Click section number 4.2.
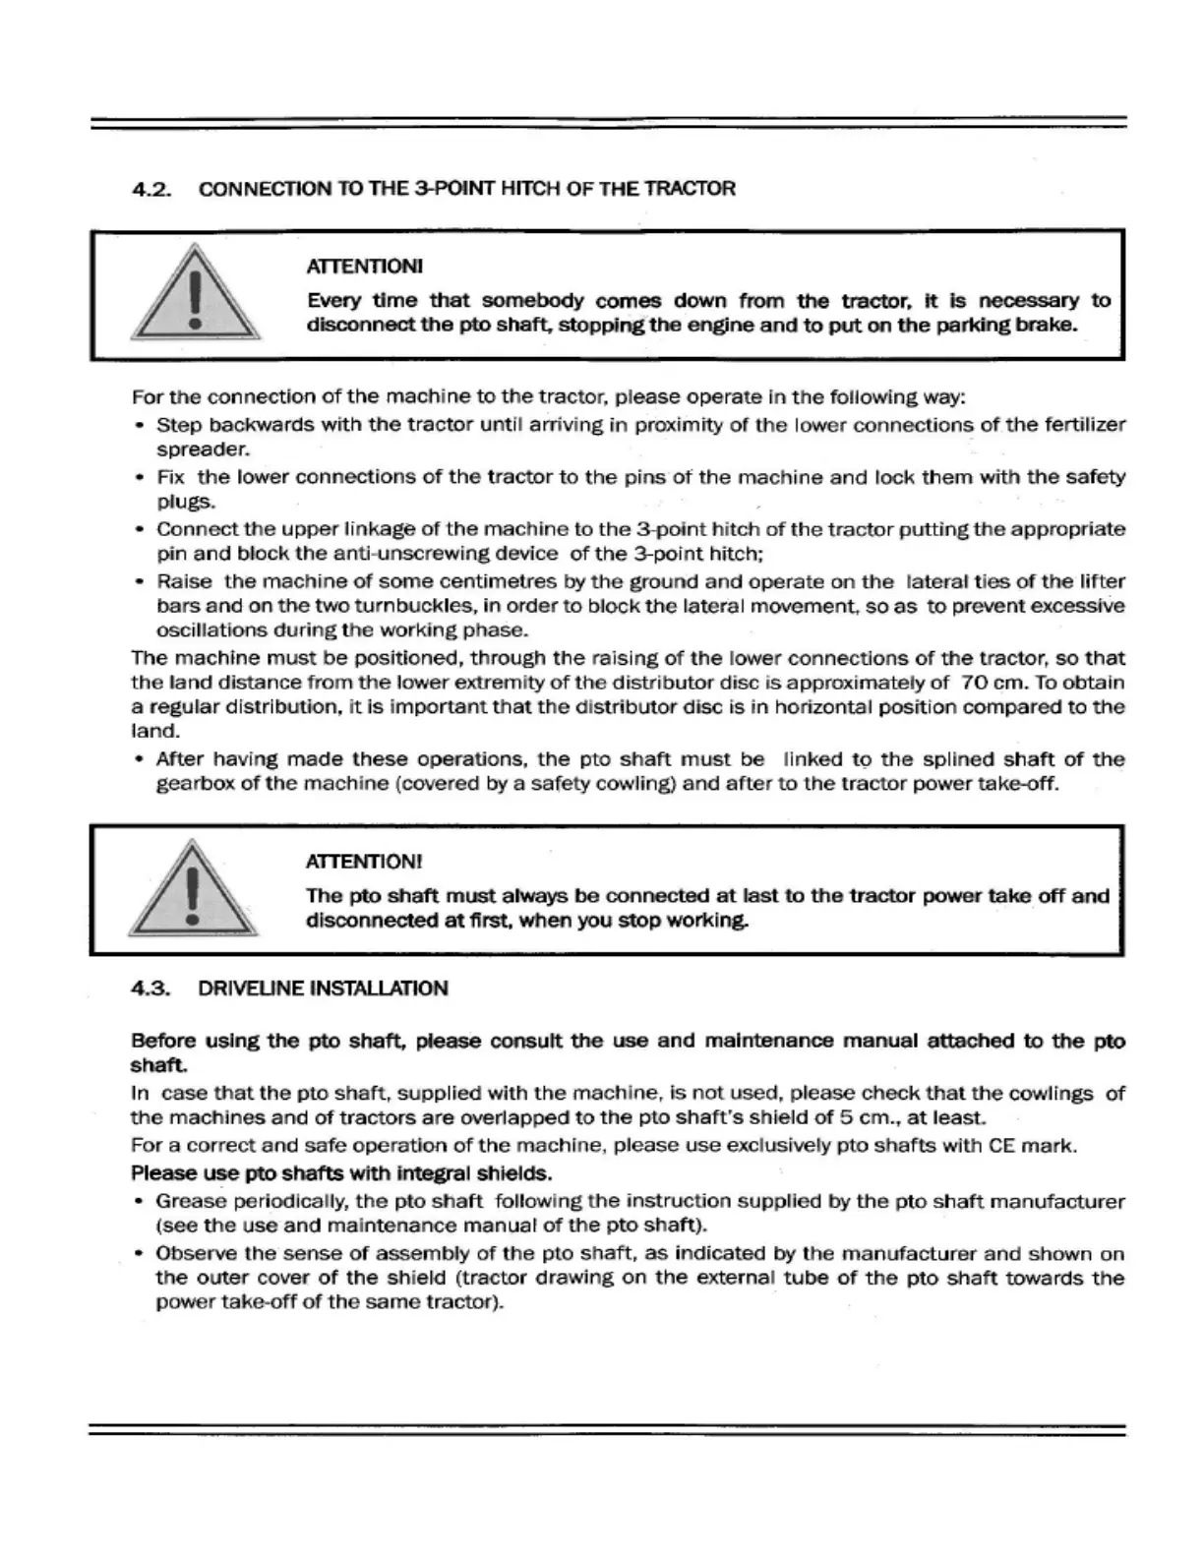pos(151,189)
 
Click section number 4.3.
pos(151,989)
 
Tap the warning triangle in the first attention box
pos(196,296)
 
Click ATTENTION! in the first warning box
pos(365,267)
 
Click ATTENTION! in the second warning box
pos(364,862)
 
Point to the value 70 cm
pos(988,683)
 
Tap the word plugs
pos(186,502)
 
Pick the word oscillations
pos(212,630)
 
